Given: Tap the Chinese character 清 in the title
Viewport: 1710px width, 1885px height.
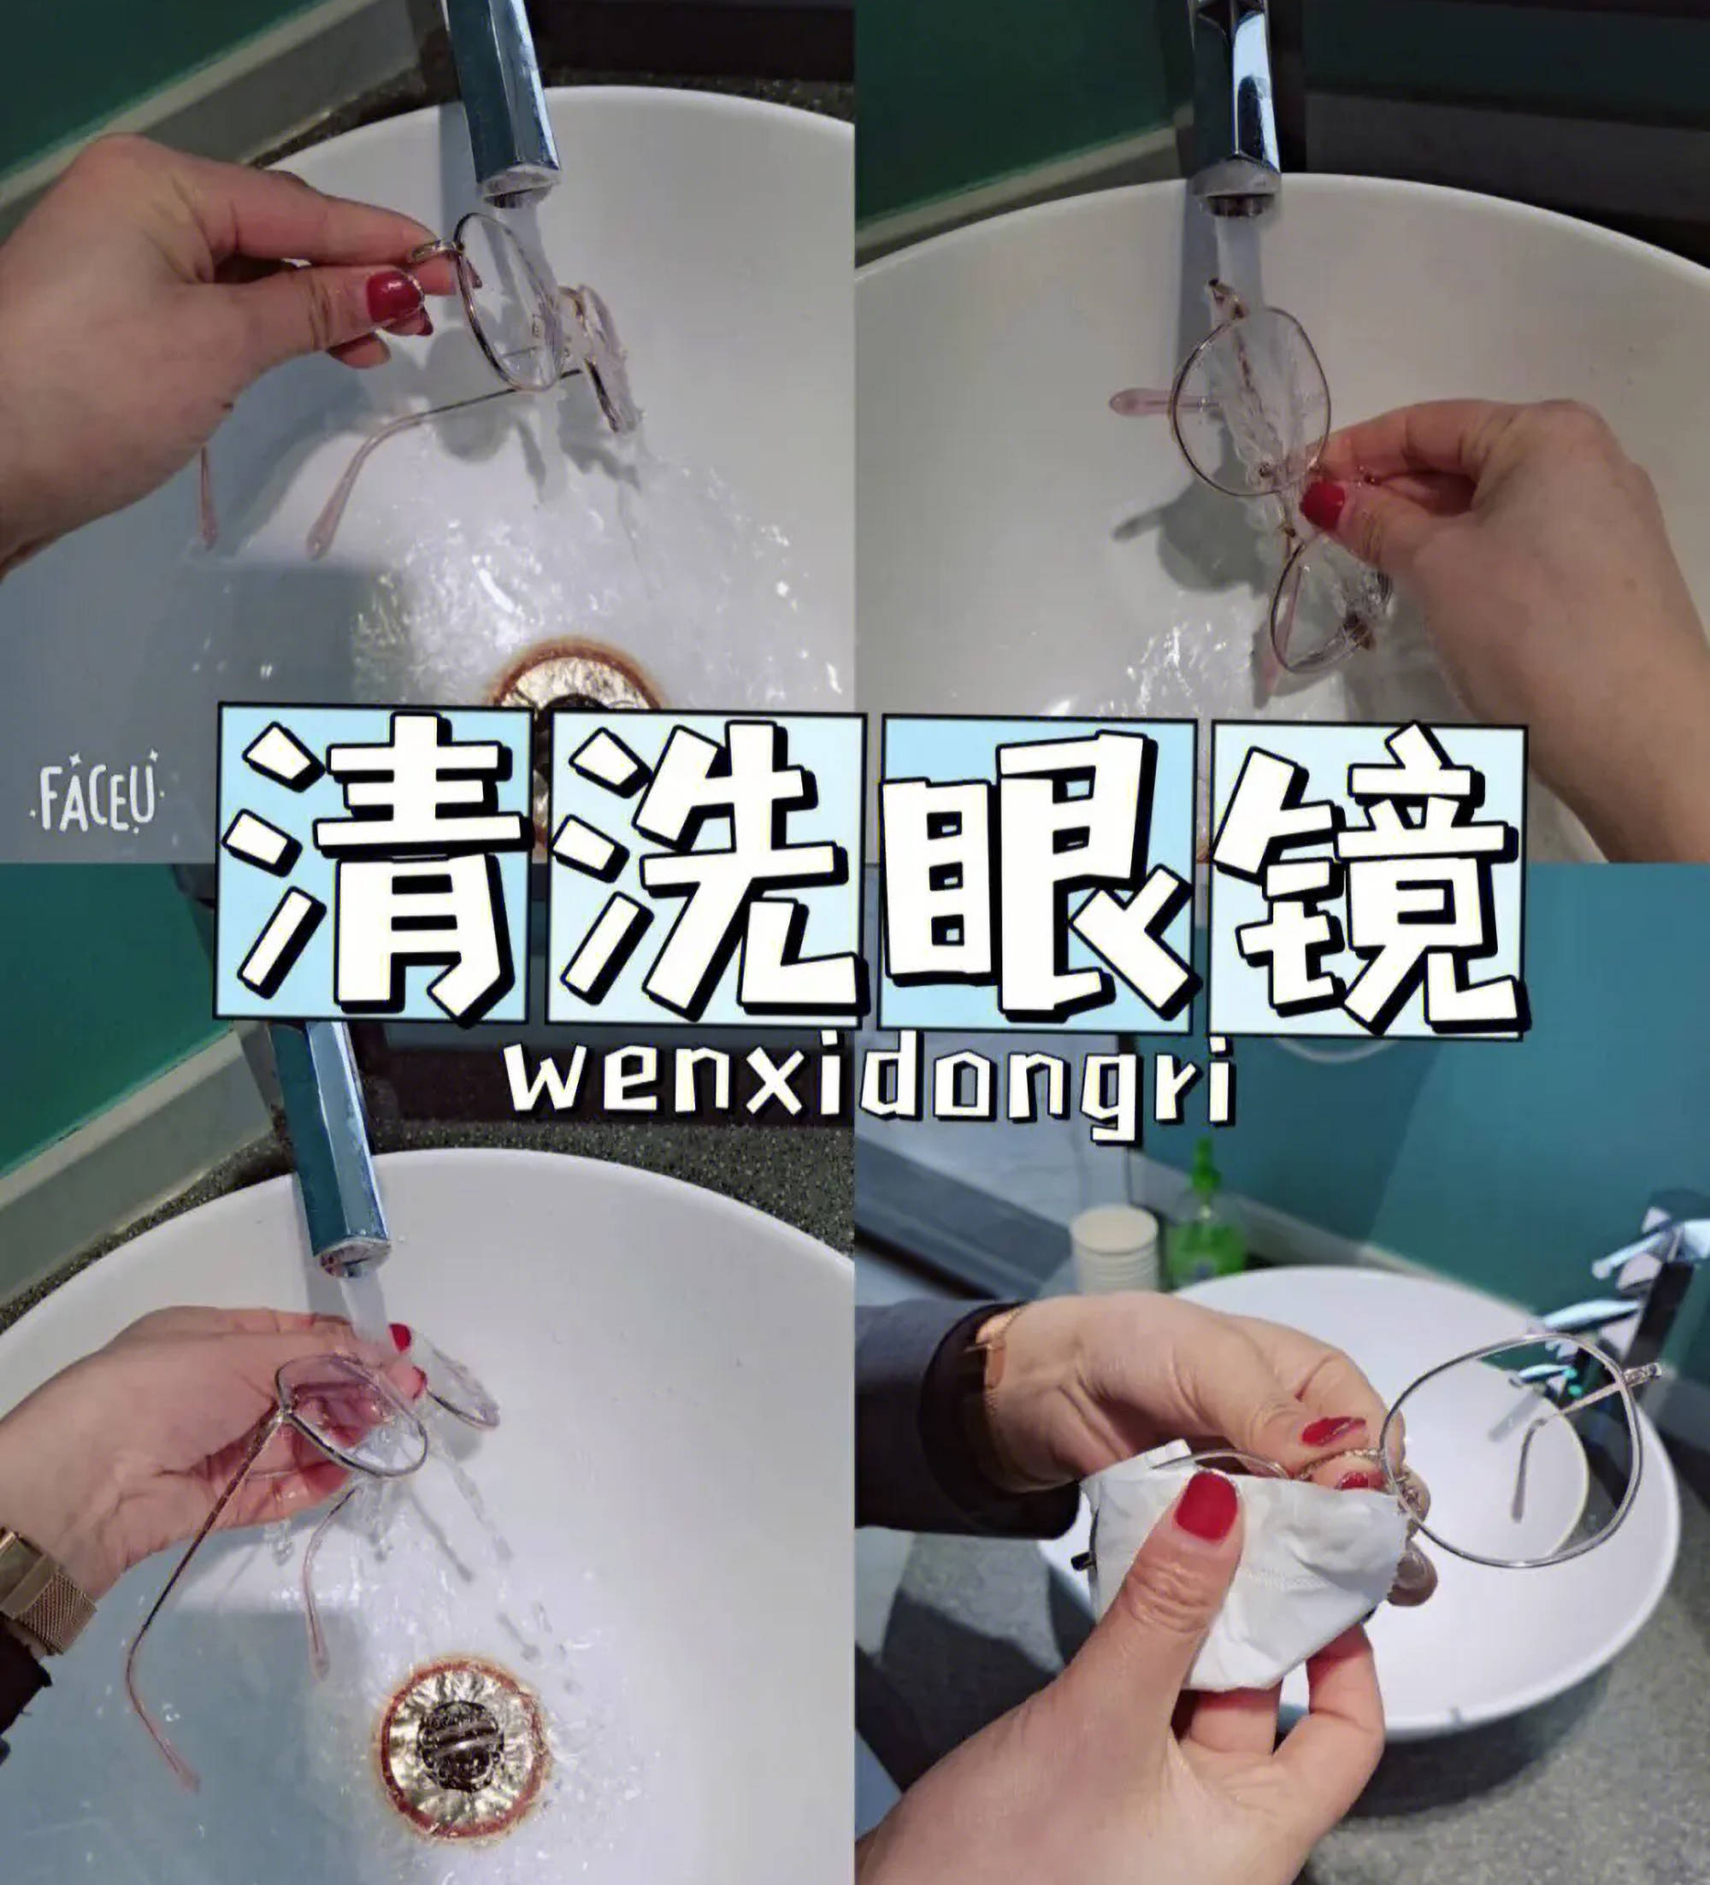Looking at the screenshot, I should click(374, 867).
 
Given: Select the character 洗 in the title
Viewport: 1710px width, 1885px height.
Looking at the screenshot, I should click(703, 867).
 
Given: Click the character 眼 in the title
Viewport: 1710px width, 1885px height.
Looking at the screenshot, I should click(1036, 867).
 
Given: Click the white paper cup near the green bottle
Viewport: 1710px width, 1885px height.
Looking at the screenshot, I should click(1112, 1248).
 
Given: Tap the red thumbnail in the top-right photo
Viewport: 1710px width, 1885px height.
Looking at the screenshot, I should click(1324, 505).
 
